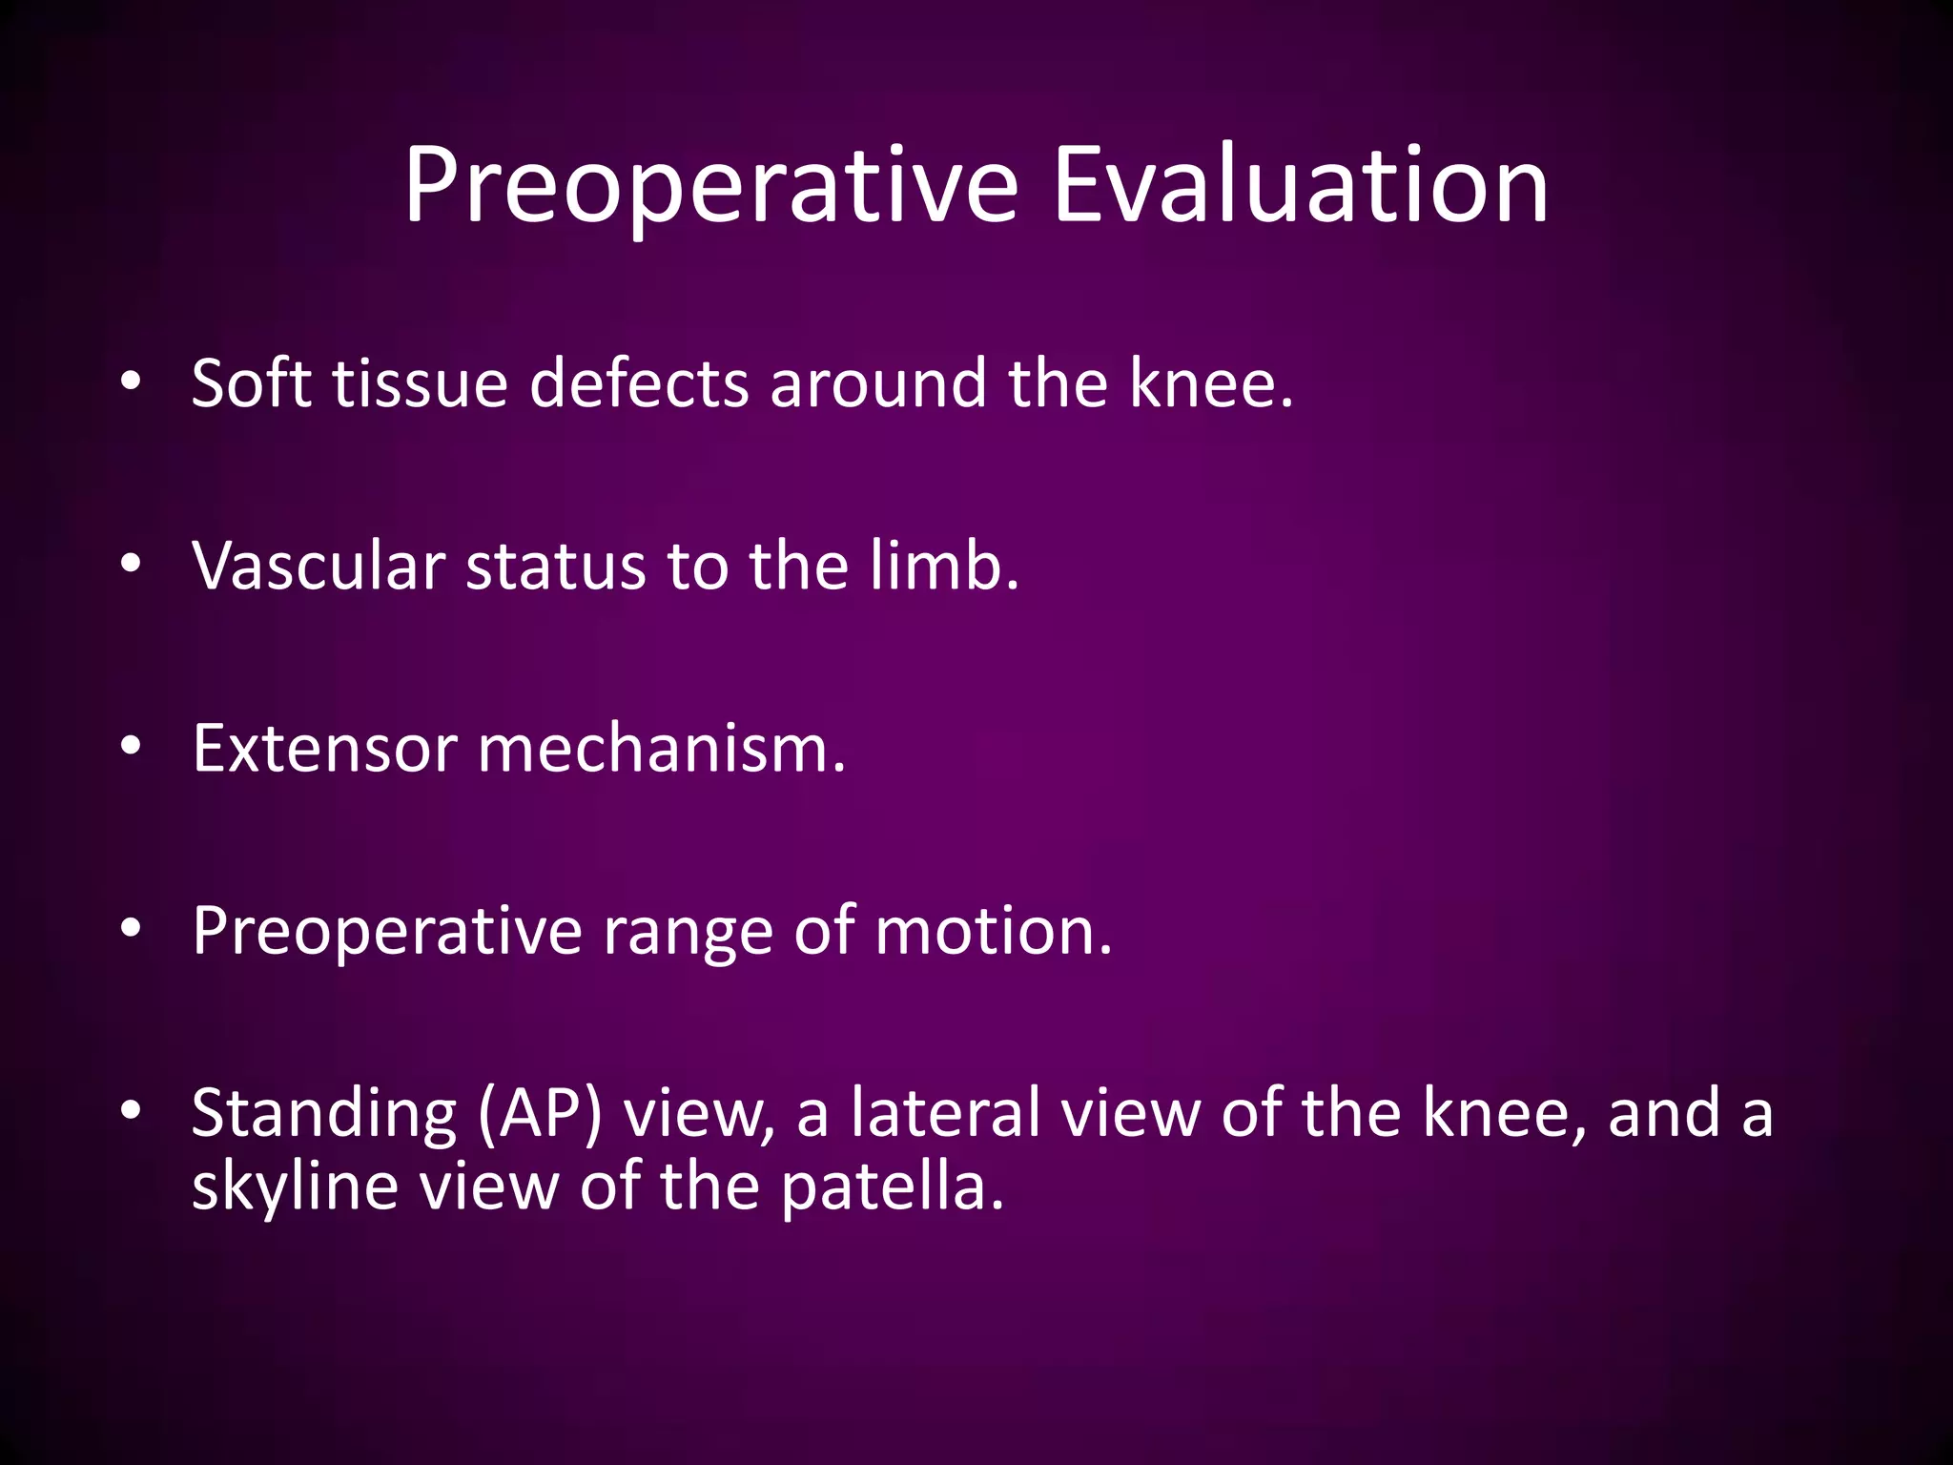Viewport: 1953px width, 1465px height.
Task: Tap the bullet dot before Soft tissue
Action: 131,382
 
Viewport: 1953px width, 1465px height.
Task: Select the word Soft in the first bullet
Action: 251,383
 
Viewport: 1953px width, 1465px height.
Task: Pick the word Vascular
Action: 319,567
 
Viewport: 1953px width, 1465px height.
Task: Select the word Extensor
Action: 324,749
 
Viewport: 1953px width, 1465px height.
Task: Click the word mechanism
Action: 660,749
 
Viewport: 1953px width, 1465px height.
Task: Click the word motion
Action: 993,932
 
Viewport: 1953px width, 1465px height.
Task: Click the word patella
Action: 893,1188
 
